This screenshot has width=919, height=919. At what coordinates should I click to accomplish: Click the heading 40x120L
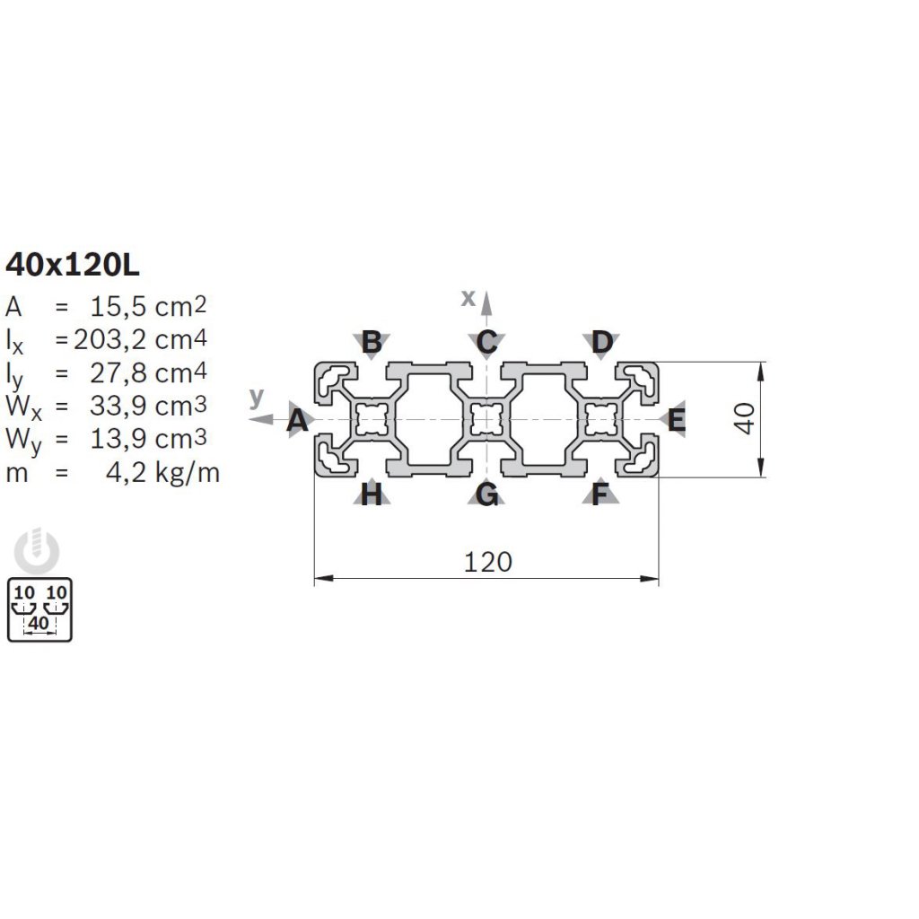coord(73,266)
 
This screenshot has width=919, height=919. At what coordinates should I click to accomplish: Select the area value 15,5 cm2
coord(148,307)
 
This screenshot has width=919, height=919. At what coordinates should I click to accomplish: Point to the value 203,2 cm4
coord(140,339)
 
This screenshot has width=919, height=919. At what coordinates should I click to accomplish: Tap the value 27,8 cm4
coord(148,372)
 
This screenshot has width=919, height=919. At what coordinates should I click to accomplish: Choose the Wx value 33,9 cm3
coord(148,406)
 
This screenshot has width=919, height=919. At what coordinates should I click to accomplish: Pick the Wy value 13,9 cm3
coord(148,438)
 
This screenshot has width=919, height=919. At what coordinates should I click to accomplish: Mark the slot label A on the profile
coord(298,420)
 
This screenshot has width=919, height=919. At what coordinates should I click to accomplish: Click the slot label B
coord(372,342)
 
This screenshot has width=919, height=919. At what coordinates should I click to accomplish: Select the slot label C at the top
coord(487,342)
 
